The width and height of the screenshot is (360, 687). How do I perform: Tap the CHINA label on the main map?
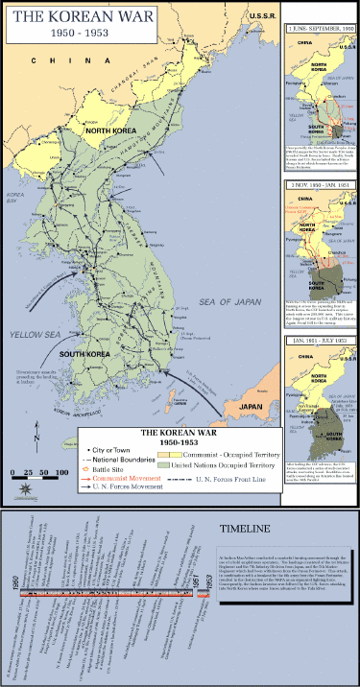(53, 60)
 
